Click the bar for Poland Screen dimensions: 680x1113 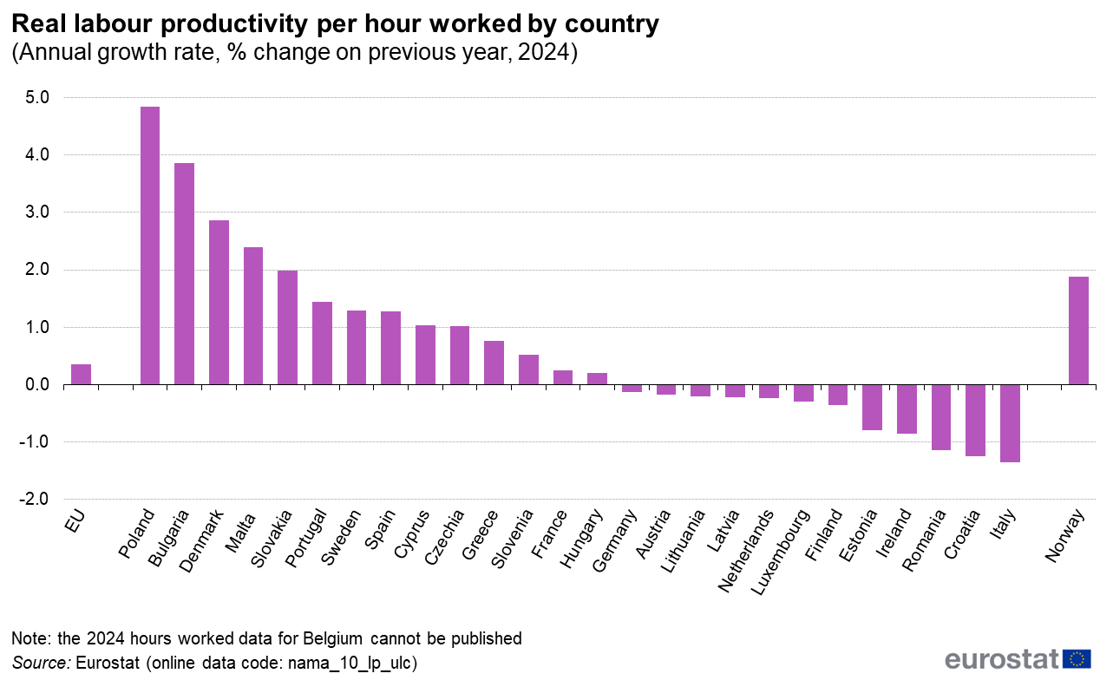(150, 245)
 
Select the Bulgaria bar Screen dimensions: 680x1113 (184, 273)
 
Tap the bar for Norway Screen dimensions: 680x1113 (1078, 330)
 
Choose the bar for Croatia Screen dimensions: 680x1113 (975, 420)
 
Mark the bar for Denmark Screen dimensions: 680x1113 (219, 302)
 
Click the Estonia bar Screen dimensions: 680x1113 (872, 407)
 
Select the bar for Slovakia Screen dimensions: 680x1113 (287, 327)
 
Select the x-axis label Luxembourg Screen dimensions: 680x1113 (782, 551)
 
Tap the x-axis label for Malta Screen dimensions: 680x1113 (239, 530)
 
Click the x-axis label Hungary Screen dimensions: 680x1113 (581, 539)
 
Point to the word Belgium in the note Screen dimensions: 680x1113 (334, 639)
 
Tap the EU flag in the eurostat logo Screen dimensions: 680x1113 (1077, 659)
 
